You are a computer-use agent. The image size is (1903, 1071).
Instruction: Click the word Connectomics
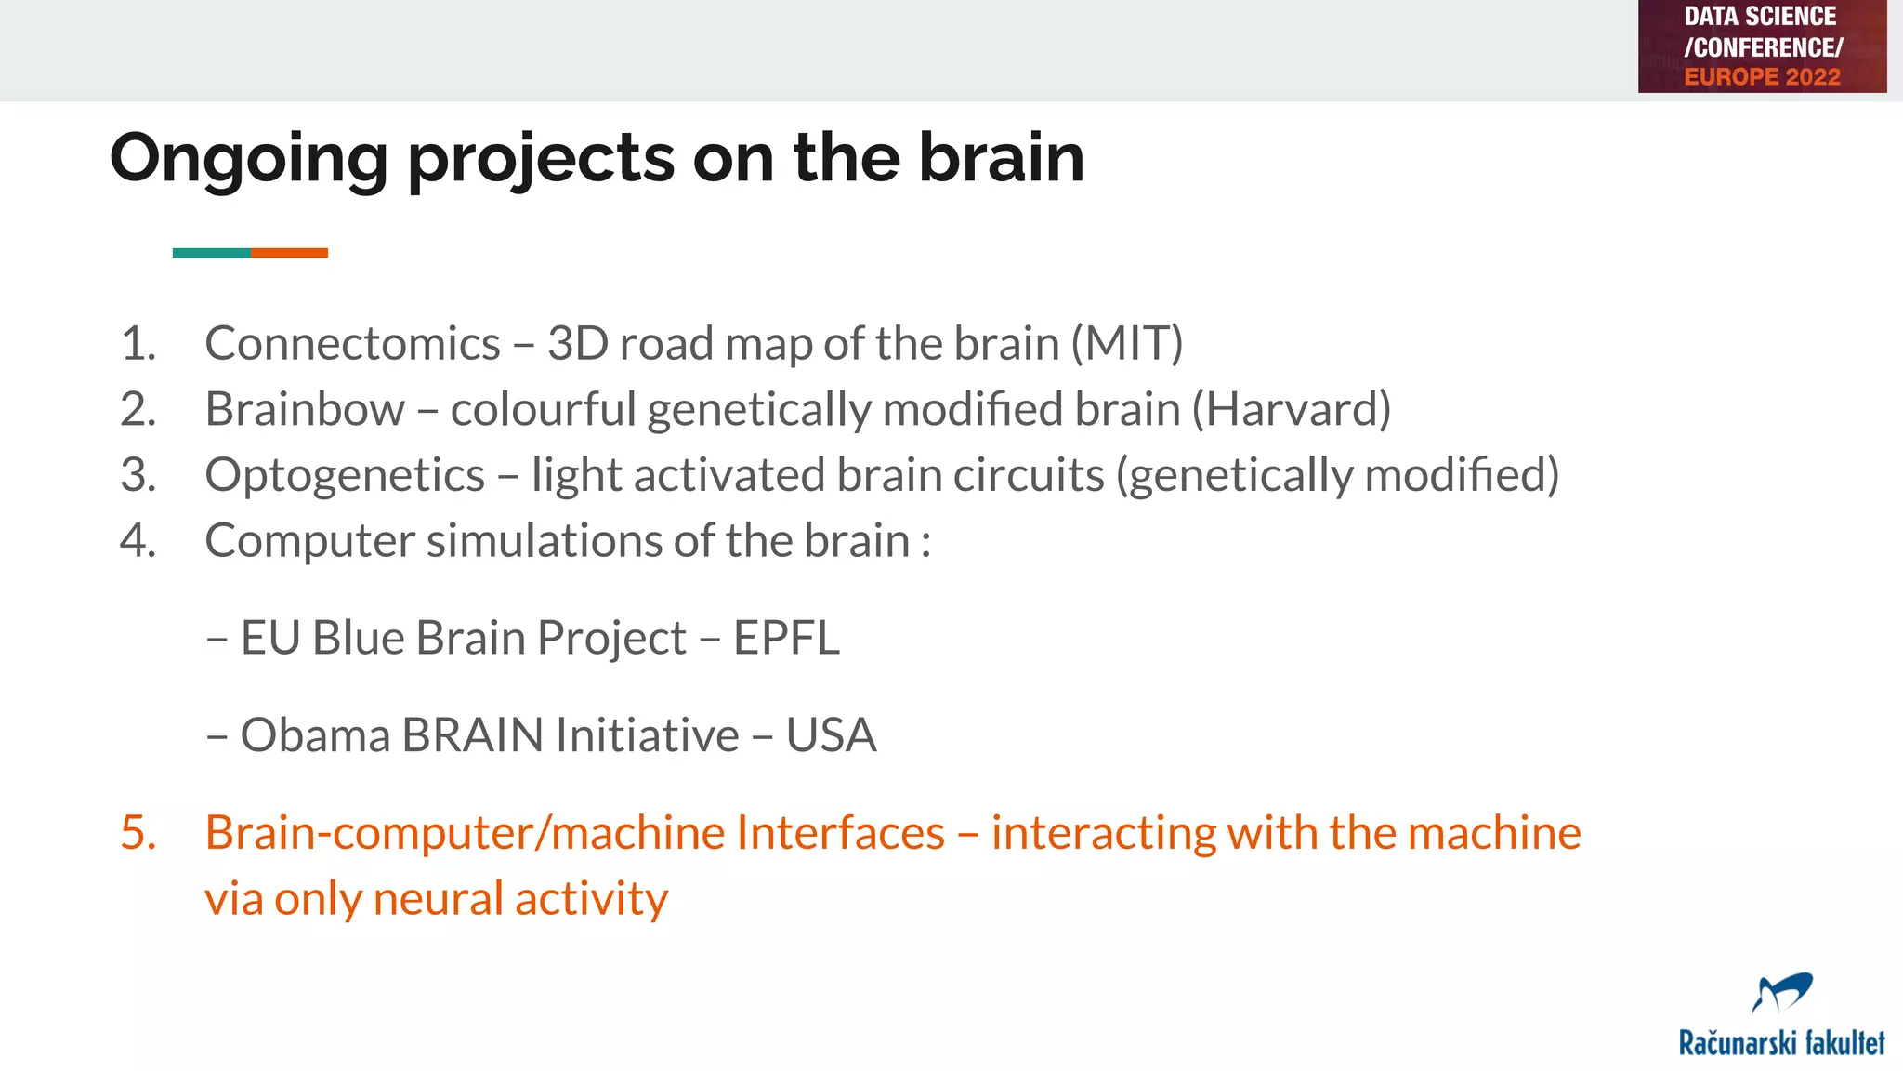click(352, 344)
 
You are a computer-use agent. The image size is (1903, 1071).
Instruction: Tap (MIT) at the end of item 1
click(1126, 344)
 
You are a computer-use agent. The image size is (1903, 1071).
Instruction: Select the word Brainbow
click(305, 410)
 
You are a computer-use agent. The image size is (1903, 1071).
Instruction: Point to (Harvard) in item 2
click(1291, 410)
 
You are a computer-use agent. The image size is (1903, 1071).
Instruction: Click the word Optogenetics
click(345, 476)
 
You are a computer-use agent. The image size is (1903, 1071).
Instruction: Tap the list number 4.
click(138, 541)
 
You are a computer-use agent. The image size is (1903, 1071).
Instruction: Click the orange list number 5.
click(138, 833)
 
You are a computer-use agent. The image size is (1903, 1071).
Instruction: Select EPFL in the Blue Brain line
click(786, 639)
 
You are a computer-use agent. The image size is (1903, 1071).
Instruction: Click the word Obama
click(315, 735)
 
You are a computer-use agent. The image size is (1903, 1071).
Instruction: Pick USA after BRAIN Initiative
click(831, 735)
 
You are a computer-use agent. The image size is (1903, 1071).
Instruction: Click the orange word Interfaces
click(840, 833)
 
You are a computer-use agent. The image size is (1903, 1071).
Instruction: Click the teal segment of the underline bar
click(211, 253)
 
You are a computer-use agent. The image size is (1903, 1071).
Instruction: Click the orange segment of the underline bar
click(289, 253)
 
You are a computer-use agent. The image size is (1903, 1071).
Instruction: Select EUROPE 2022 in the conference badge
click(1762, 77)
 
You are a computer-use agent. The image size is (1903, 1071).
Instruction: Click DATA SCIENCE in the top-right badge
click(1760, 17)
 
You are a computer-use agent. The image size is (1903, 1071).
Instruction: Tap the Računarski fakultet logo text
click(1781, 1043)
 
